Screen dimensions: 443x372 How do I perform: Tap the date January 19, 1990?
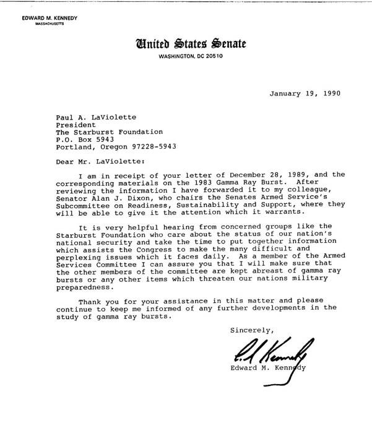[x=305, y=94]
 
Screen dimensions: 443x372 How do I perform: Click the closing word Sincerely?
[x=251, y=329]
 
